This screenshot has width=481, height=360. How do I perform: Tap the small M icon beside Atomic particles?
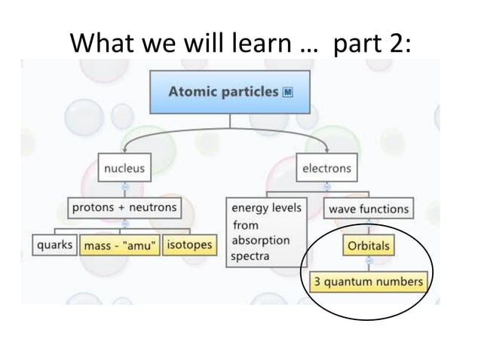(x=287, y=93)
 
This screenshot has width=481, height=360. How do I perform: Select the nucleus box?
(x=124, y=168)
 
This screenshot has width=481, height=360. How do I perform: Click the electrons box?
(x=326, y=168)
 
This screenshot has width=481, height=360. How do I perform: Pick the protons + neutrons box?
(x=124, y=207)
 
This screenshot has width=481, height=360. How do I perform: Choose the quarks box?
(x=55, y=245)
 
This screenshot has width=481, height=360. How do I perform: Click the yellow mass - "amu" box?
(x=121, y=246)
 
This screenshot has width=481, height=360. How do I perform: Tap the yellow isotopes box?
(x=188, y=245)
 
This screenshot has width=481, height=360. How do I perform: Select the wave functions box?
(x=369, y=209)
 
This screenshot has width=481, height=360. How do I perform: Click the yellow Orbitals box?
(x=369, y=246)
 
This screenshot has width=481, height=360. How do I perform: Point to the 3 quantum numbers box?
(x=369, y=282)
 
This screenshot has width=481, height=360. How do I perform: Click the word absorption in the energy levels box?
(x=260, y=241)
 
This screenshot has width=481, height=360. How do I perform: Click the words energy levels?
(x=266, y=208)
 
